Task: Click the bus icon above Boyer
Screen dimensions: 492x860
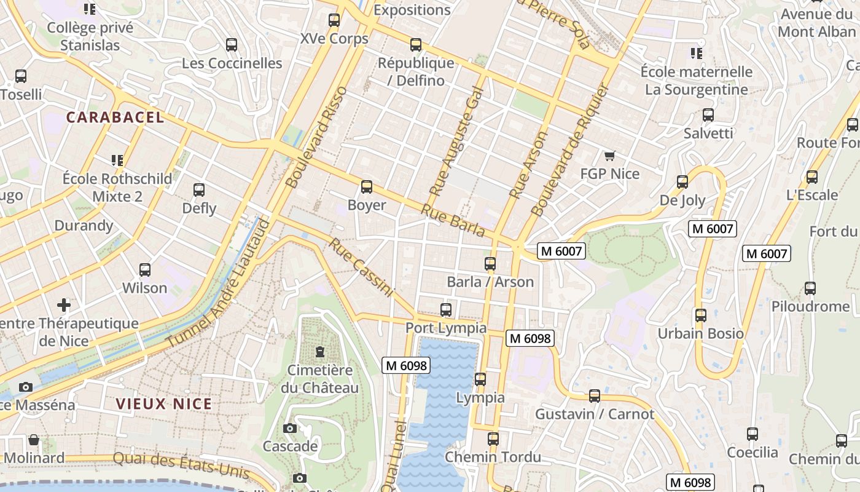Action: coord(367,186)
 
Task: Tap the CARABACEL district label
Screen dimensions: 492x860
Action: coord(115,117)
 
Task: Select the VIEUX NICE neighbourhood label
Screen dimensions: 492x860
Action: coord(164,404)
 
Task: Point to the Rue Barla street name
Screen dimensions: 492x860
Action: coord(453,221)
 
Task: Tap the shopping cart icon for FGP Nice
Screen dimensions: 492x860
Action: coord(609,156)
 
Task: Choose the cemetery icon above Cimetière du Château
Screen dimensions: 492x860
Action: coord(319,352)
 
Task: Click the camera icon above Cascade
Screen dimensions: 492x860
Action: coord(290,428)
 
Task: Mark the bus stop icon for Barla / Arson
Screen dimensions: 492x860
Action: coord(490,264)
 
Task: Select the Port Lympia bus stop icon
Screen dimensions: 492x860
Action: coord(446,310)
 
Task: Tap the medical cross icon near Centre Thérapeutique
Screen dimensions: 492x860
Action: coord(64,305)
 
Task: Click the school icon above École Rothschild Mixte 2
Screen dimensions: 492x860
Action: coord(117,161)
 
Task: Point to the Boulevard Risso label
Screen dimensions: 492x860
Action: coord(316,137)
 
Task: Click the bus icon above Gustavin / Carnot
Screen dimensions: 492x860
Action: coord(595,396)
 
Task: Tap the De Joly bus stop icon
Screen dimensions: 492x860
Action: coord(682,182)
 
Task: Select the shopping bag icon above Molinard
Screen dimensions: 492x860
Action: coord(34,440)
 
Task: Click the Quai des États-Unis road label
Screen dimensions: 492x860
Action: coord(181,465)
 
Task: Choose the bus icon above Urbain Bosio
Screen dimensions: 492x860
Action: coord(701,315)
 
